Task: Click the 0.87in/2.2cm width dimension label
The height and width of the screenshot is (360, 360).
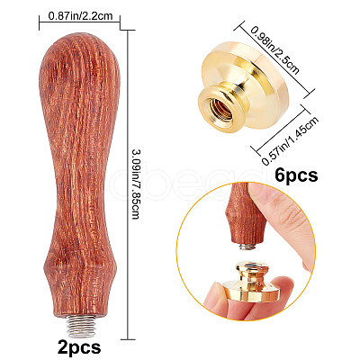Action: [x=80, y=15]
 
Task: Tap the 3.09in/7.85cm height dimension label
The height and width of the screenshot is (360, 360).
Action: [x=136, y=184]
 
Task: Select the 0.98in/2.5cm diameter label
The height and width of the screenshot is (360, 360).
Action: [x=275, y=50]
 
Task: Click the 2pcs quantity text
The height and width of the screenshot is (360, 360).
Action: [x=79, y=346]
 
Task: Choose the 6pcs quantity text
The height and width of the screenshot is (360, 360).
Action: [x=296, y=175]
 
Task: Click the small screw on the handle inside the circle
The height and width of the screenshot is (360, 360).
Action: [x=247, y=247]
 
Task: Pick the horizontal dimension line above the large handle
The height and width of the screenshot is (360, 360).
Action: [x=79, y=22]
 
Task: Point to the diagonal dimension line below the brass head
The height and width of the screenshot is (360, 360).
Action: [x=281, y=129]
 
